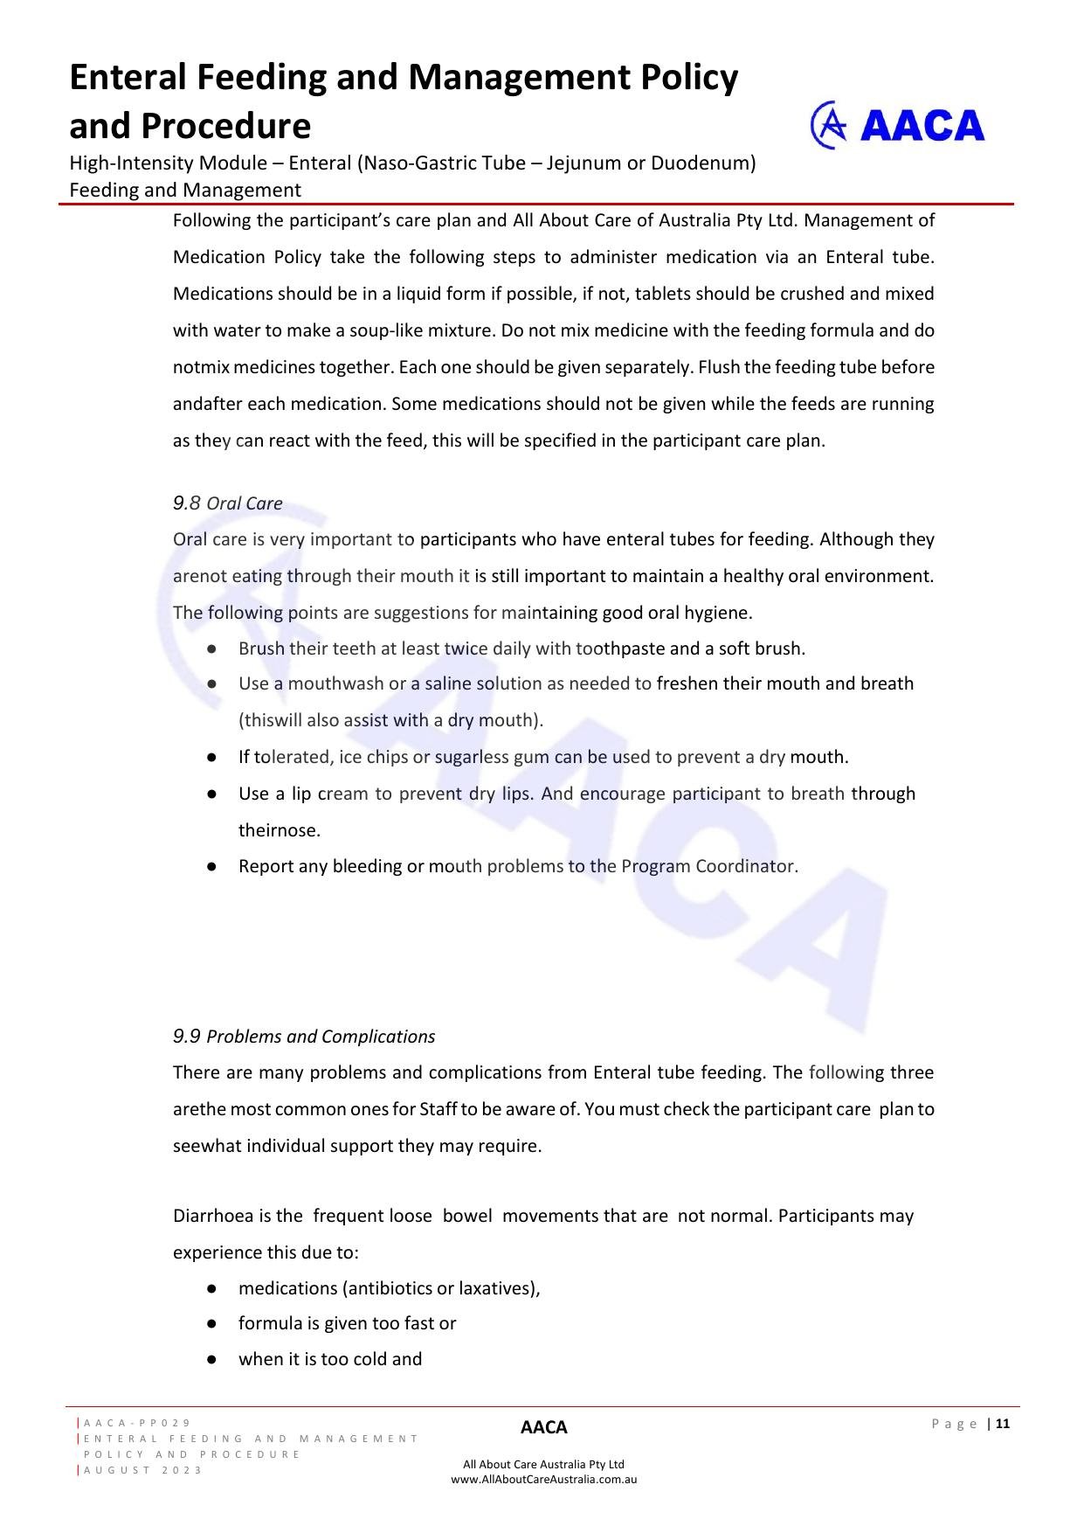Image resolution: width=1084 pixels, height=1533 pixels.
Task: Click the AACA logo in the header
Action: point(897,126)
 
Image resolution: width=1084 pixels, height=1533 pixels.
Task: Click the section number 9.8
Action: point(186,503)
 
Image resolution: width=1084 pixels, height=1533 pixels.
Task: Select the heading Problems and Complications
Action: point(321,1037)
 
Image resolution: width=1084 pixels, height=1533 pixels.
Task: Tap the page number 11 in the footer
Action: point(1002,1424)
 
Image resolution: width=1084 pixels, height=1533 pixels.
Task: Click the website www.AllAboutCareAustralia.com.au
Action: point(543,1480)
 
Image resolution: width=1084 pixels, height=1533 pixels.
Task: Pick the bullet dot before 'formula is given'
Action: point(212,1324)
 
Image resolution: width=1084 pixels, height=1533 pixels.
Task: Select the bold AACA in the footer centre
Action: point(543,1428)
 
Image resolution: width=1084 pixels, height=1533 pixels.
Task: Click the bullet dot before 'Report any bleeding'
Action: point(212,867)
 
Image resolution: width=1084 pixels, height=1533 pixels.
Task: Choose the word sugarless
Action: point(472,757)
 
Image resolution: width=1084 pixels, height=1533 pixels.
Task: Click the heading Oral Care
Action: point(245,503)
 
